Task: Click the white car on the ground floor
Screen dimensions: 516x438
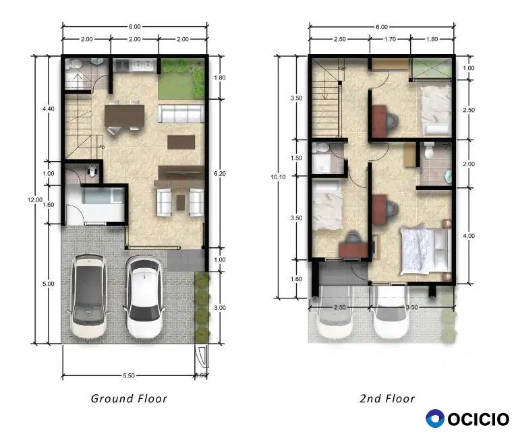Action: point(144,297)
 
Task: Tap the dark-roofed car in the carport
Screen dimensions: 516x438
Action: point(88,296)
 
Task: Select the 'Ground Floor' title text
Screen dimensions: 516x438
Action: point(129,398)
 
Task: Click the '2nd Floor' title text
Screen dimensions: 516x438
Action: point(387,398)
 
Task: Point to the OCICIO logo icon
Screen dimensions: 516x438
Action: point(435,418)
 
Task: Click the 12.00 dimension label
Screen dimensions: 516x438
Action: point(35,200)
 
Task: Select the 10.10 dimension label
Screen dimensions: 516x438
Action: point(278,177)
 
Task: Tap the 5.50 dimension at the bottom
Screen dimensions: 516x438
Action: point(129,375)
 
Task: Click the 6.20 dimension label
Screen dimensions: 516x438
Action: point(220,173)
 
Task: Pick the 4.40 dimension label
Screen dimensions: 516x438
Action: point(49,109)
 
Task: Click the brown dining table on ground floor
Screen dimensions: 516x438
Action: point(124,115)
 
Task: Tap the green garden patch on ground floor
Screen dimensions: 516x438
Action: point(181,79)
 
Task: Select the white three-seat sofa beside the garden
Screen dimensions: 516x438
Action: point(181,113)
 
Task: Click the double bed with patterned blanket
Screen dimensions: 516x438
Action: point(426,250)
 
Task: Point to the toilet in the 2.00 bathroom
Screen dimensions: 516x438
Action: point(429,150)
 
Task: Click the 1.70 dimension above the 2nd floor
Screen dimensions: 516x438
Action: point(390,39)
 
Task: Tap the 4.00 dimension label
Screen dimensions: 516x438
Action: point(469,236)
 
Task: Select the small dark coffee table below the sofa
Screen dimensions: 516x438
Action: point(181,142)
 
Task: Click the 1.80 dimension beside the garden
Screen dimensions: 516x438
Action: point(220,77)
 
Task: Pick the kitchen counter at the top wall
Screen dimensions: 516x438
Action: point(135,65)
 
